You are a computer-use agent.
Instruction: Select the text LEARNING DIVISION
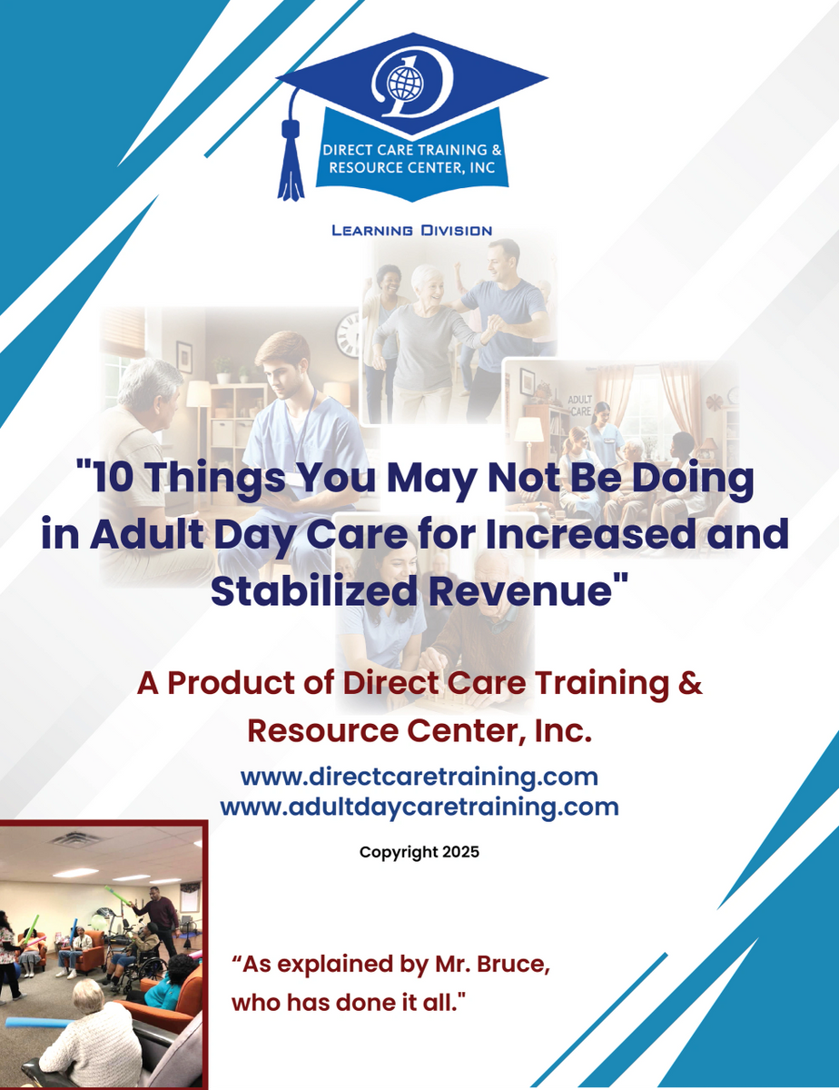tap(411, 231)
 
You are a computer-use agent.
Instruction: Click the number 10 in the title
tap(106, 479)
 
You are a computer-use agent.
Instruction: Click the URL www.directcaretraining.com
tap(419, 777)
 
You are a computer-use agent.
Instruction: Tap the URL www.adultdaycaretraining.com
tap(419, 806)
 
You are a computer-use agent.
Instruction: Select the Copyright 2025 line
tap(419, 852)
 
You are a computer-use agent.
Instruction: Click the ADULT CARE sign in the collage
tap(580, 403)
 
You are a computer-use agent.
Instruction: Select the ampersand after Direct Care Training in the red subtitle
tap(690, 683)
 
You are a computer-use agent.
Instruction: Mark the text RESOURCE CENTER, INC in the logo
tap(406, 168)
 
